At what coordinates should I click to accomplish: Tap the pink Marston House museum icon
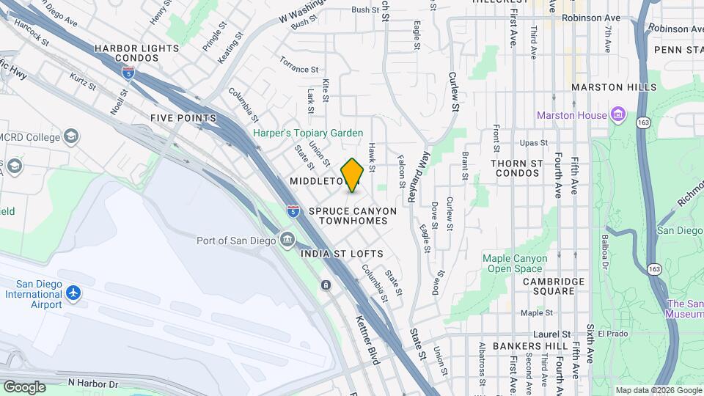618,115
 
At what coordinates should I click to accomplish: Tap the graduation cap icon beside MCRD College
70,136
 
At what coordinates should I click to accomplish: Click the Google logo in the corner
24,386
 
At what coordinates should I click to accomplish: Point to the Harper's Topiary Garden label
308,133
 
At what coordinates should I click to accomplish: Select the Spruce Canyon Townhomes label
352,216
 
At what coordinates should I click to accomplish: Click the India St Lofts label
342,254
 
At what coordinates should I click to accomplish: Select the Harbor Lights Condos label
136,54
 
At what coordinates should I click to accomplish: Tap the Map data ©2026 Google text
658,390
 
